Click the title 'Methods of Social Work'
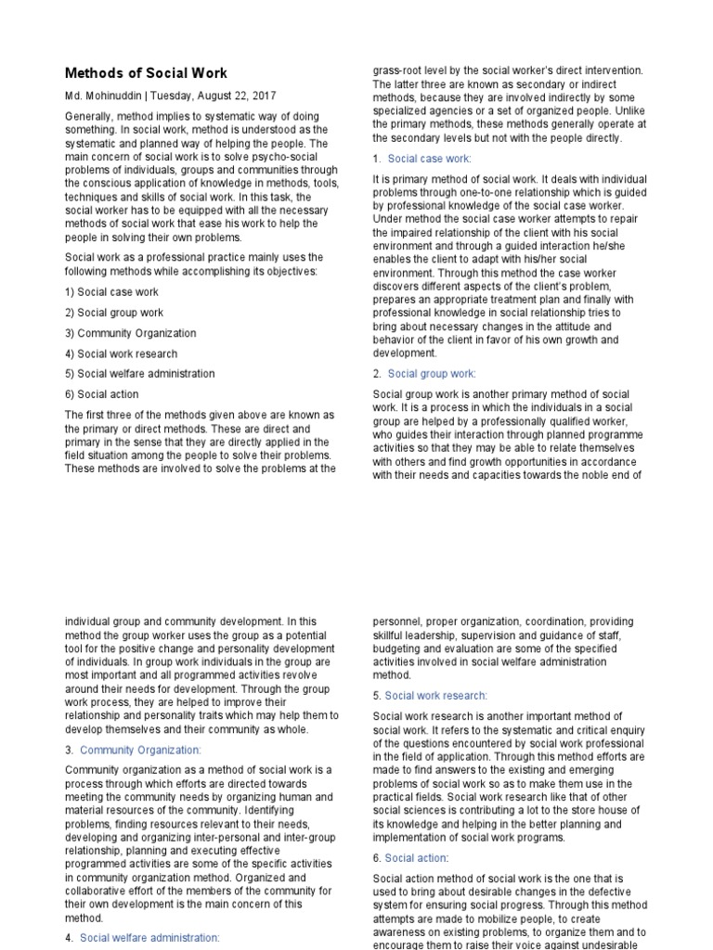point(146,73)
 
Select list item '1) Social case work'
point(111,292)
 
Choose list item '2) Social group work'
point(114,313)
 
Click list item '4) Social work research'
point(121,353)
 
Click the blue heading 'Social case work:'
point(429,159)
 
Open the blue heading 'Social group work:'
point(432,374)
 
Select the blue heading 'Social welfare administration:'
point(150,938)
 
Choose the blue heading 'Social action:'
point(416,858)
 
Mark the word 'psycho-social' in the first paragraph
point(278,157)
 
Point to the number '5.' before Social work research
point(377,695)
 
